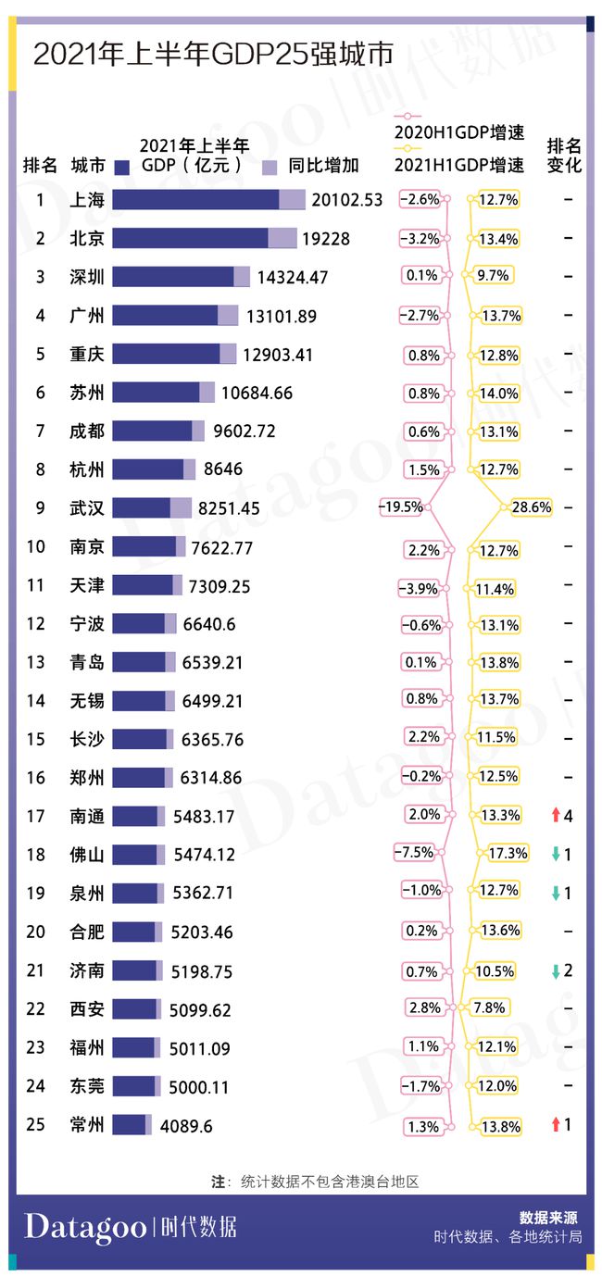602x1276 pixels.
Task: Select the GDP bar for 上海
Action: pos(208,200)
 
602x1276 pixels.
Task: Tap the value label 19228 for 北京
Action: pos(326,239)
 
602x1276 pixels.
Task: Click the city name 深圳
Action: pos(87,277)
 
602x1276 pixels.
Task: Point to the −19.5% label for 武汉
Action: pos(401,507)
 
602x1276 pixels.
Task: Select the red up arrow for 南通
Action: pos(555,816)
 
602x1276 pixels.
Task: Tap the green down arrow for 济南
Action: pos(555,970)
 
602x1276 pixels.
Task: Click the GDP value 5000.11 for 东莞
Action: pos(199,1087)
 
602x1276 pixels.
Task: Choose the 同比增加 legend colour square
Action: pos(270,168)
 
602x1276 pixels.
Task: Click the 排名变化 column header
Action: pos(564,156)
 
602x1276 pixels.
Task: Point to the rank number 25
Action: pos(35,1125)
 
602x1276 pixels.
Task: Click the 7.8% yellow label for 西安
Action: pos(491,1007)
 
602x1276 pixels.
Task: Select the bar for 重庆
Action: pos(174,355)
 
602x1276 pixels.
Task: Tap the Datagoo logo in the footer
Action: pos(85,1228)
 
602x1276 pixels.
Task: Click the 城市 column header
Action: pos(88,167)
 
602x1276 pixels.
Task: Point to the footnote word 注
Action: pos(219,1182)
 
